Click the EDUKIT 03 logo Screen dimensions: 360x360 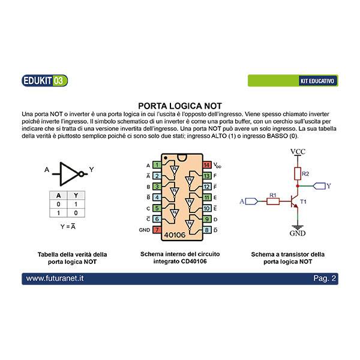click(x=45, y=80)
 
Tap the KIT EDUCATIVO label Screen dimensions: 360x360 click(x=317, y=81)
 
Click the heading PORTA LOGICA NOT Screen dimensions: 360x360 click(x=180, y=106)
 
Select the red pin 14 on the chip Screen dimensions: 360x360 click(x=207, y=165)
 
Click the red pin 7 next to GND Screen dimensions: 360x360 click(x=157, y=230)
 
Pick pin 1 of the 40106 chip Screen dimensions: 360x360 click(x=157, y=165)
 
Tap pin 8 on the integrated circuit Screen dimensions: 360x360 click(x=207, y=230)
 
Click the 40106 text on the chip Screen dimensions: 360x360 click(x=175, y=235)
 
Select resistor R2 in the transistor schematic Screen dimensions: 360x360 click(x=298, y=173)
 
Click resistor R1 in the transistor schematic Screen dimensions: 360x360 click(x=273, y=202)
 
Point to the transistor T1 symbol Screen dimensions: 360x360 click(x=295, y=202)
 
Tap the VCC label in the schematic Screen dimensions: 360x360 click(x=298, y=152)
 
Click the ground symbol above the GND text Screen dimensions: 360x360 click(x=298, y=227)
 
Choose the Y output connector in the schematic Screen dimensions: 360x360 click(x=319, y=186)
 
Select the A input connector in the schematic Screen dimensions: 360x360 click(x=252, y=202)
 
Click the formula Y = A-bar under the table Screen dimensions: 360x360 click(x=68, y=227)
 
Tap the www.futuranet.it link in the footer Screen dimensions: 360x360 click(x=55, y=278)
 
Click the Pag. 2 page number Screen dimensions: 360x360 click(x=325, y=278)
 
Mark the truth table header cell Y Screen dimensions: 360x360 click(x=76, y=196)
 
